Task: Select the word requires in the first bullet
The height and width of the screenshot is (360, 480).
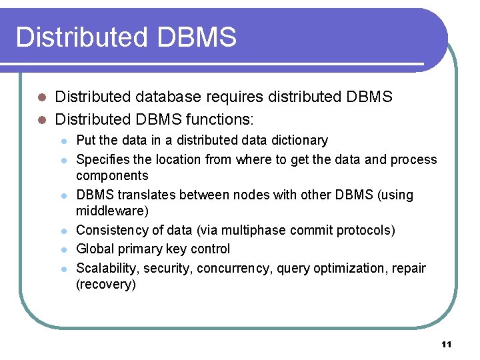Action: pyautogui.click(x=233, y=97)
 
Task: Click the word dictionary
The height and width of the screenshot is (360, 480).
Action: pyautogui.click(x=301, y=141)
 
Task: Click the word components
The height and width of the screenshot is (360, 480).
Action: pyautogui.click(x=112, y=176)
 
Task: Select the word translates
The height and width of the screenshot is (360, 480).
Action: pyautogui.click(x=142, y=195)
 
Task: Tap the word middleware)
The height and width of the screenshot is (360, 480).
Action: pyautogui.click(x=112, y=211)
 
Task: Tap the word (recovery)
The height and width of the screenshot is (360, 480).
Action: pyautogui.click(x=106, y=285)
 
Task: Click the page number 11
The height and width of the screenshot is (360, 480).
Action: pyautogui.click(x=446, y=345)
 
